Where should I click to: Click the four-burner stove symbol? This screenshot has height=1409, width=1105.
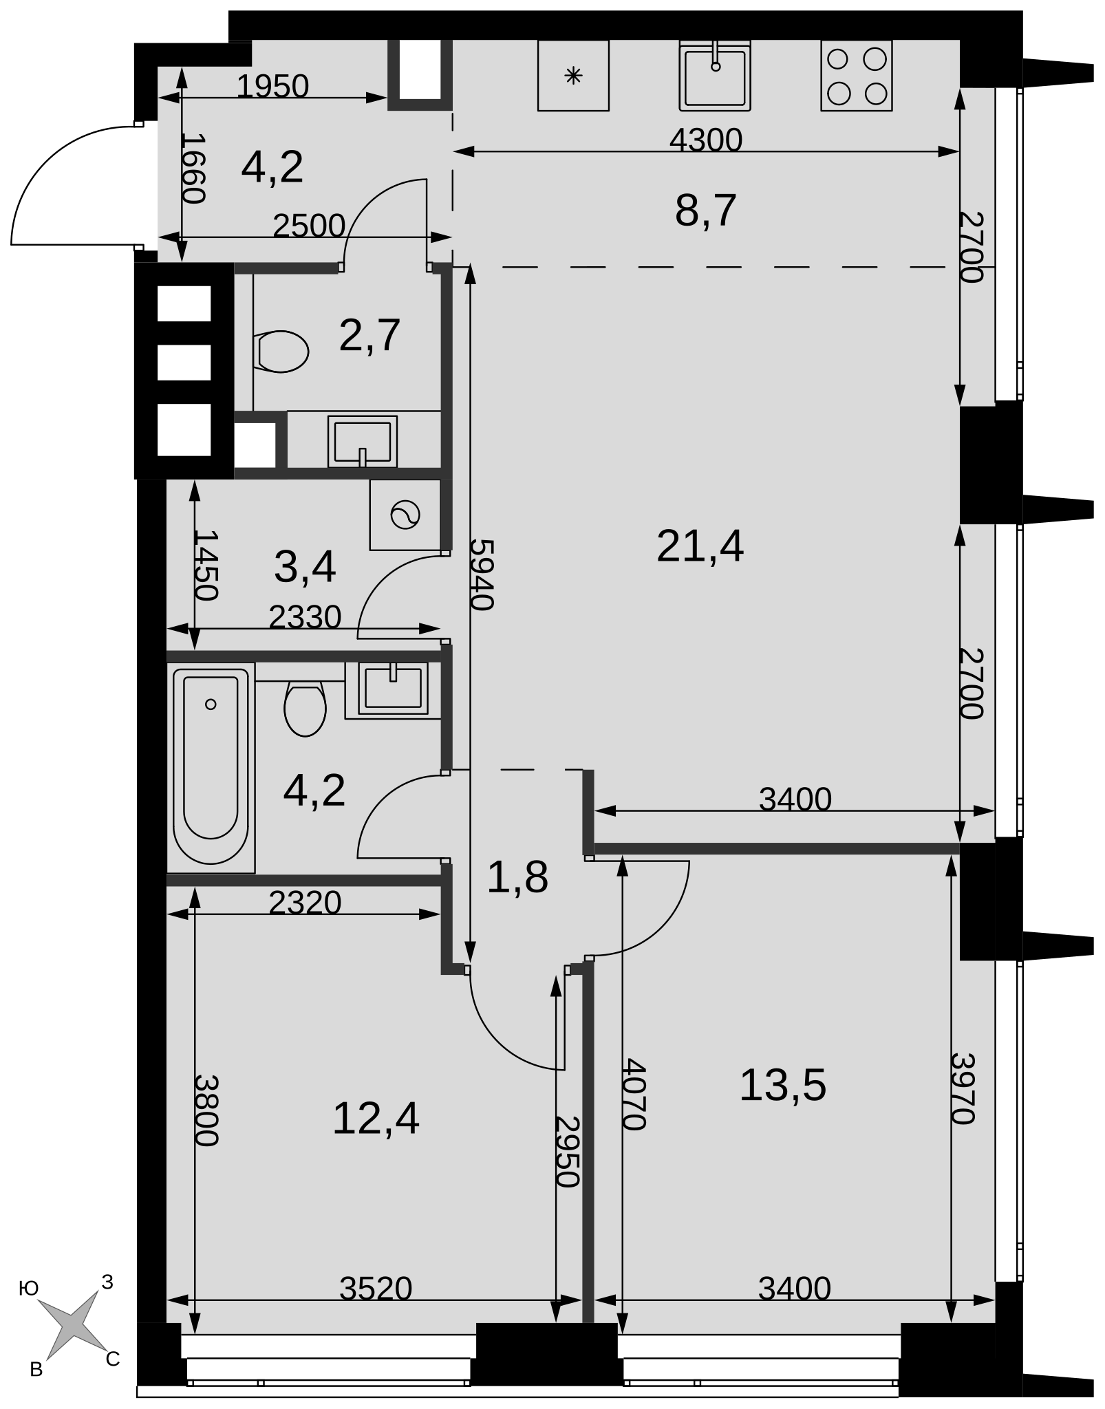click(856, 76)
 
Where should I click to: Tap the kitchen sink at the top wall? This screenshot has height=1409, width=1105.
click(715, 76)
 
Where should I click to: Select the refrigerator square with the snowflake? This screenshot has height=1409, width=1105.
click(573, 76)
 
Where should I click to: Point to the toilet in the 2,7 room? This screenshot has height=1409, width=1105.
click(280, 352)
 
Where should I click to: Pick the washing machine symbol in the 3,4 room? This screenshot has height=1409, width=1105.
click(405, 515)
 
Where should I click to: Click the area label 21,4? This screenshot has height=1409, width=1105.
click(700, 546)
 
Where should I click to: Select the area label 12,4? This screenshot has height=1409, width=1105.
click(376, 1118)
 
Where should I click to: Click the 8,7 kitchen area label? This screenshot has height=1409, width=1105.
click(706, 211)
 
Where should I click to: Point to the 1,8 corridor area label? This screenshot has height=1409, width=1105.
click(517, 878)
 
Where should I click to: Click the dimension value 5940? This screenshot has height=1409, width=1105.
click(482, 574)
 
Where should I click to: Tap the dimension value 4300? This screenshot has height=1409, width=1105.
click(706, 140)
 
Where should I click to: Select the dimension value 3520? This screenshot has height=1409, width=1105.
click(376, 1289)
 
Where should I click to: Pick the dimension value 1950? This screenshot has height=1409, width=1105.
click(272, 87)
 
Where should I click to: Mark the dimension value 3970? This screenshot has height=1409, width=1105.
click(963, 1088)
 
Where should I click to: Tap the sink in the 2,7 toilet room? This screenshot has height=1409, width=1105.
click(363, 441)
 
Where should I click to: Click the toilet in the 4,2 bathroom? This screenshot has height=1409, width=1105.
click(305, 709)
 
